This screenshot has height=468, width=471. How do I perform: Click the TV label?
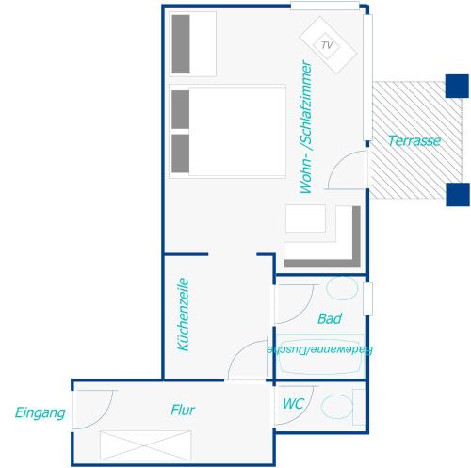pos(327,45)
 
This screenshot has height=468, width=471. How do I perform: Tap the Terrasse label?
pos(414,140)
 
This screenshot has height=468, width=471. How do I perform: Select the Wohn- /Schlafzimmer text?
pos(306,127)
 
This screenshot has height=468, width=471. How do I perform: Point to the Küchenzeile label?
pos(183,315)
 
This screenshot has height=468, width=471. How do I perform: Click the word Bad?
pos(330,318)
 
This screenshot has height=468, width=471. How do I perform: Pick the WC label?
pos(293,404)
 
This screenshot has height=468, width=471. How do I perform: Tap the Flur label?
pos(183,410)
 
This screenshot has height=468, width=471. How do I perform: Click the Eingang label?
pos(41,413)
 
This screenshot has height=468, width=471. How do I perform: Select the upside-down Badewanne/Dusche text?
pos(320,349)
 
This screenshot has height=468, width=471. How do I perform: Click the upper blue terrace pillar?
pos(457,86)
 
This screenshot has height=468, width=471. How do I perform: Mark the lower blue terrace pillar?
pos(458,194)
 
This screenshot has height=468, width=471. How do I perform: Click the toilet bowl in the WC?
pos(337,407)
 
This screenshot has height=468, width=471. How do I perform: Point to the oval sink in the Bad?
pos(342,288)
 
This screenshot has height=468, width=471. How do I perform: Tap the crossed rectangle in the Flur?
pos(145,445)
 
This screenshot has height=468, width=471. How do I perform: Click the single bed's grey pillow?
pos(181,44)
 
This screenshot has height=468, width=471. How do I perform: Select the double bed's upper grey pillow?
pos(181,109)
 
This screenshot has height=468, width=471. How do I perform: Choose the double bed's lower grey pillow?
pos(181,153)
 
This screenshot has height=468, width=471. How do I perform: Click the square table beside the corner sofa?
pos(305,218)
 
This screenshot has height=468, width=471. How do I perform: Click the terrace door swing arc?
pos(337,162)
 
